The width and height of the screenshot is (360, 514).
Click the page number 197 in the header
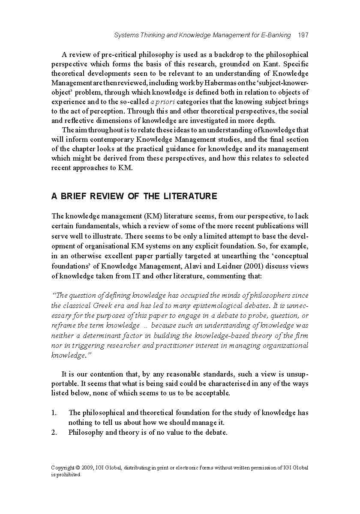tap(303, 35)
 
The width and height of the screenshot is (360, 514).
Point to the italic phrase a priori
tap(162, 102)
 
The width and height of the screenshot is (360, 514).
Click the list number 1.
tap(54, 413)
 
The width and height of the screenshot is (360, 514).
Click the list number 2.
tap(54, 433)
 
